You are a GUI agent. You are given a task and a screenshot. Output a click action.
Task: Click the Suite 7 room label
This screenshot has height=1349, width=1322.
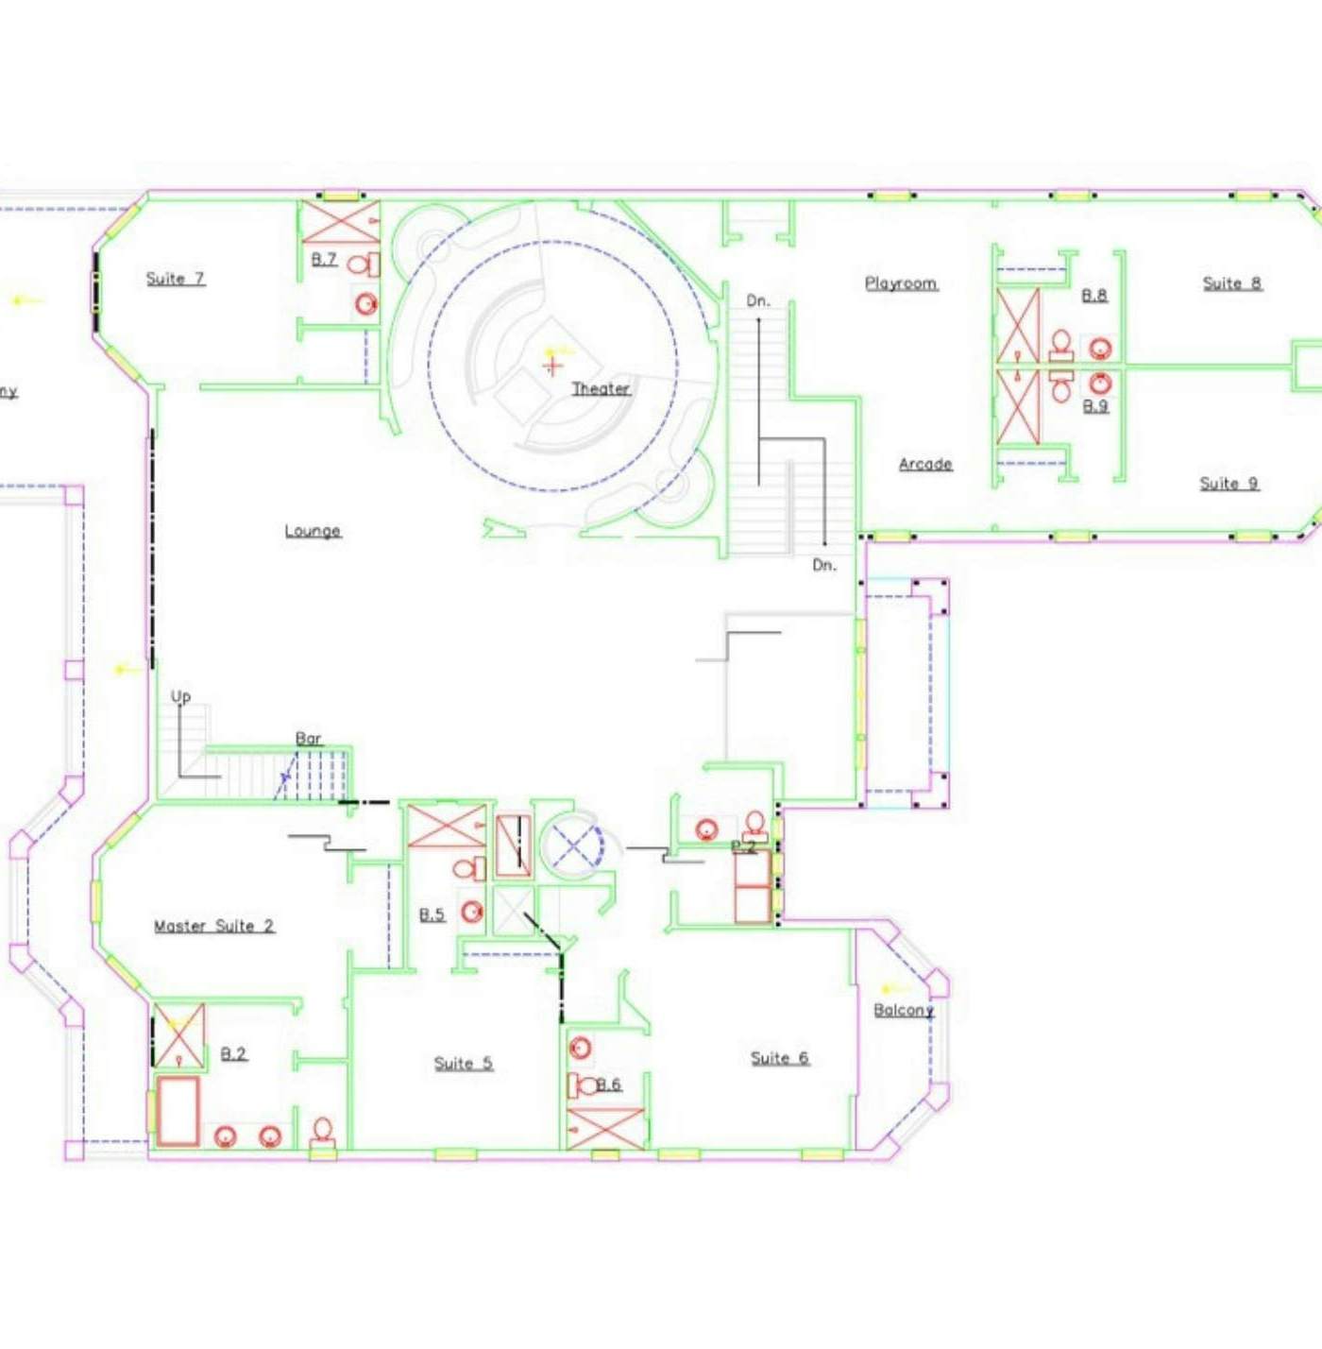tap(175, 279)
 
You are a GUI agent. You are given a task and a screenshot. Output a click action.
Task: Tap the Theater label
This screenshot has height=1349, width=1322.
tap(601, 388)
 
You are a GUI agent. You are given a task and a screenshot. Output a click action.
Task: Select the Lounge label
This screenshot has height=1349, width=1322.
tap(313, 531)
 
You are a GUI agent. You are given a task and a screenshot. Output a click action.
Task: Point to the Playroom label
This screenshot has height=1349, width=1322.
tap(901, 283)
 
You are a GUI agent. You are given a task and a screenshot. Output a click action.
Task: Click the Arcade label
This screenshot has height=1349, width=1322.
tap(925, 464)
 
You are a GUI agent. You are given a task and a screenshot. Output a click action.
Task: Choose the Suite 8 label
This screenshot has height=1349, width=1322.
tap(1231, 283)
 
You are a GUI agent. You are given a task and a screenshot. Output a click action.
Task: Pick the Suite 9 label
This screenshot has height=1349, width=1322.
tap(1229, 484)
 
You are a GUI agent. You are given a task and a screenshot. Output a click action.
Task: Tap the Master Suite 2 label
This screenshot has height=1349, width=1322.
tap(214, 926)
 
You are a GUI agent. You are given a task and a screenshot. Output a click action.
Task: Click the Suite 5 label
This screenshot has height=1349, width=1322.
tap(463, 1064)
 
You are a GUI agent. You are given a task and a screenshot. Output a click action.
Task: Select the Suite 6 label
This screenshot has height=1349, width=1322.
tap(779, 1058)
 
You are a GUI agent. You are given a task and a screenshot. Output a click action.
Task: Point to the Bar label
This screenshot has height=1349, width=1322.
tap(309, 739)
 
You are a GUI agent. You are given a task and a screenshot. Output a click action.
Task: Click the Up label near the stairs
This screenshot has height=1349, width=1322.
tap(180, 697)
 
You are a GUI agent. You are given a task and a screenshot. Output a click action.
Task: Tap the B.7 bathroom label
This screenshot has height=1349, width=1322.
tap(324, 259)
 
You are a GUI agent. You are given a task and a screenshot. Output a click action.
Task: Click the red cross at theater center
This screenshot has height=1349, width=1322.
tap(552, 366)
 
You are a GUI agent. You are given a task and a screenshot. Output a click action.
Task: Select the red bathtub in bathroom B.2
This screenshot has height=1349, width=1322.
tap(178, 1111)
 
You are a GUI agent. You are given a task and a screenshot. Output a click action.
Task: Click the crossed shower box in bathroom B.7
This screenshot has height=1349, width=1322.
tap(340, 222)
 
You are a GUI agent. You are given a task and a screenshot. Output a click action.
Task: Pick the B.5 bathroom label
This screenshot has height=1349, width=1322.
tap(432, 914)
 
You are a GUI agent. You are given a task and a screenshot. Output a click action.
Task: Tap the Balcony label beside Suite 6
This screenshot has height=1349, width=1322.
tap(903, 1010)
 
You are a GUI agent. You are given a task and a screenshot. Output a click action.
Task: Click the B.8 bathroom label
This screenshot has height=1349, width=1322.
tap(1094, 296)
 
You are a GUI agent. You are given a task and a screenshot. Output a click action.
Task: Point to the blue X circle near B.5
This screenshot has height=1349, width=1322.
tap(575, 844)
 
